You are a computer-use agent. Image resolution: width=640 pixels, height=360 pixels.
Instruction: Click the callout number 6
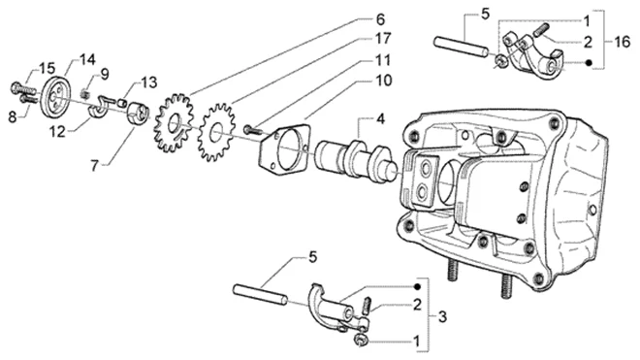click(380, 19)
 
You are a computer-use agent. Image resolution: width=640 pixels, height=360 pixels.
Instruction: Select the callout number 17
click(382, 39)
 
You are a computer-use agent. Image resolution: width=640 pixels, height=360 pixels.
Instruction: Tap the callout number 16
click(622, 42)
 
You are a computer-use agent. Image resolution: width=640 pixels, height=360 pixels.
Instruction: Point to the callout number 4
click(380, 119)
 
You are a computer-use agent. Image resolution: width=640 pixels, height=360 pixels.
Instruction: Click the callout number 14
click(87, 59)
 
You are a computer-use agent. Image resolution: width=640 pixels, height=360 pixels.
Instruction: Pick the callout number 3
click(442, 316)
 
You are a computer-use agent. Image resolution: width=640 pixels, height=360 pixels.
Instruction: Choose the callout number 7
click(95, 166)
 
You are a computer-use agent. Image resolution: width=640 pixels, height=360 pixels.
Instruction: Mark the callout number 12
click(57, 132)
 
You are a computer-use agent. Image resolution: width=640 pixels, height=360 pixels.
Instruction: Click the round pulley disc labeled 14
click(56, 97)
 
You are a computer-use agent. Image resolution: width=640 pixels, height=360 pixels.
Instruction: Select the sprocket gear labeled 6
click(173, 123)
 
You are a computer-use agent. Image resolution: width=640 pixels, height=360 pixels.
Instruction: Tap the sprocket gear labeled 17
click(216, 132)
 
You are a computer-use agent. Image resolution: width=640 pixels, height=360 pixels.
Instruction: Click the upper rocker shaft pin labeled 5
click(461, 47)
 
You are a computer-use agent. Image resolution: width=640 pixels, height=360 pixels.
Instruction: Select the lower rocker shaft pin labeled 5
click(260, 295)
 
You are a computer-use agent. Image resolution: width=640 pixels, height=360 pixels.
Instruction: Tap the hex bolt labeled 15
click(22, 88)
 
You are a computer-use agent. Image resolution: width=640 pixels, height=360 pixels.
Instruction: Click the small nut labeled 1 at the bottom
click(360, 340)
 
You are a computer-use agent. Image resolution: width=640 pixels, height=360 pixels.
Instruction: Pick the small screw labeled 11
click(253, 130)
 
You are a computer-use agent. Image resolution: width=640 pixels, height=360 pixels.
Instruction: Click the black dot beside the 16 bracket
click(589, 63)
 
